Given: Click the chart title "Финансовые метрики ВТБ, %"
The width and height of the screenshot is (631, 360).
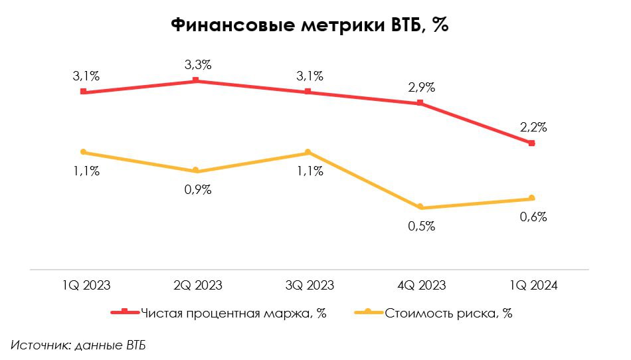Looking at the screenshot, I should [311, 25].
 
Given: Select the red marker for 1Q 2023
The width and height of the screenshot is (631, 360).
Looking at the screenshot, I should [83, 92].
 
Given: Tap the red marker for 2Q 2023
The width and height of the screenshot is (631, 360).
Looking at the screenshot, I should [196, 80].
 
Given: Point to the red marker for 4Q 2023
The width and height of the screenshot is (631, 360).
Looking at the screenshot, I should [420, 103].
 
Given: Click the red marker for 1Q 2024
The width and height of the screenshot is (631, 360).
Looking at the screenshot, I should [532, 143].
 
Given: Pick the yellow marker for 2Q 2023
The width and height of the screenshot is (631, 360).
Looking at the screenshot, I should [196, 171].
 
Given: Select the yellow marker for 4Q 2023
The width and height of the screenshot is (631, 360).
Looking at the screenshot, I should [420, 207].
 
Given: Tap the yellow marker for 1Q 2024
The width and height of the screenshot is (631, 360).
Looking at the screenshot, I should [532, 198].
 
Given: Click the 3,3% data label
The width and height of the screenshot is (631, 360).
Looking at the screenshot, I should [198, 65].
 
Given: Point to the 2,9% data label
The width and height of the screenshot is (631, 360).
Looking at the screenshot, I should [422, 87].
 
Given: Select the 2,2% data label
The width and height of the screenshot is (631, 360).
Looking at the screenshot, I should [533, 127].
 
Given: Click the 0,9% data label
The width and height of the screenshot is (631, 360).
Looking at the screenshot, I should [198, 189].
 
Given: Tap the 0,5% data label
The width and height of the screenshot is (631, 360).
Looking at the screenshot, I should [422, 226].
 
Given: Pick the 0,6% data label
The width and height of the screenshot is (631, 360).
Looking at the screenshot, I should [533, 217].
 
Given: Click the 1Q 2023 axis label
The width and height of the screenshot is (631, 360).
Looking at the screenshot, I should [86, 286].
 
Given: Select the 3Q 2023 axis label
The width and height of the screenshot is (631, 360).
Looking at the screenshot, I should [310, 286].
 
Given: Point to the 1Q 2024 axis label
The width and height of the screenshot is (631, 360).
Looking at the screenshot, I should [533, 286].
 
